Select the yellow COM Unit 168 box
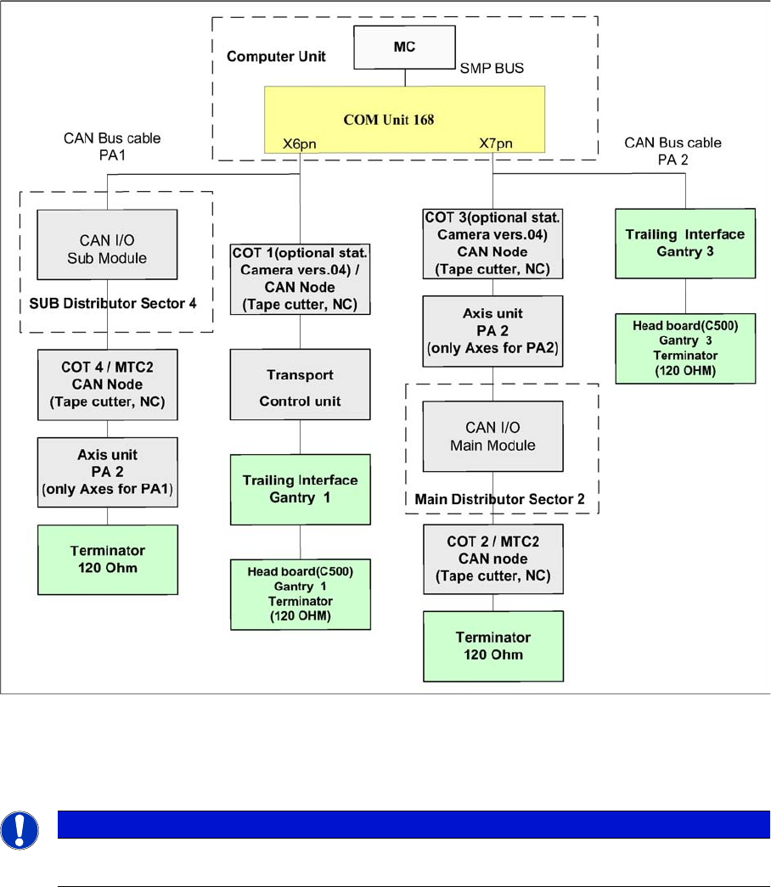click(390, 120)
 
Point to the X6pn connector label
click(300, 145)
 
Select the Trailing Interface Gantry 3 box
click(684, 242)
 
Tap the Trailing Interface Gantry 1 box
click(300, 488)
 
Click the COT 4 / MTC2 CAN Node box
click(106, 385)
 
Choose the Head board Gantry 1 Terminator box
click(300, 593)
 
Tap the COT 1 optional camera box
click(300, 278)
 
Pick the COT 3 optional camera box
click(492, 243)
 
